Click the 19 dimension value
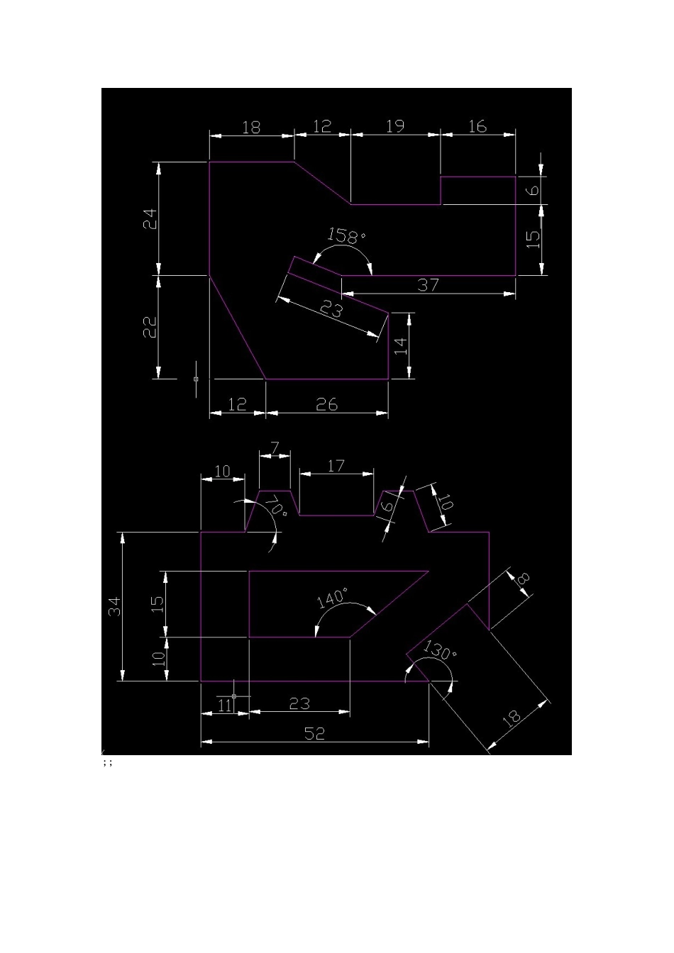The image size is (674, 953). pyautogui.click(x=395, y=126)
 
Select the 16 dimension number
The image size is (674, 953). pyautogui.click(x=477, y=126)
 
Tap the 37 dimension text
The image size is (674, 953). pyautogui.click(x=428, y=285)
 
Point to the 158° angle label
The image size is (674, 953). pyautogui.click(x=346, y=235)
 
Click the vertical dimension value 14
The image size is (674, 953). pyautogui.click(x=401, y=346)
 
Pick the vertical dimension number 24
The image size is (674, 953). pyautogui.click(x=150, y=219)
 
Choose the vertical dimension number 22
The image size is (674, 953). pyautogui.click(x=150, y=327)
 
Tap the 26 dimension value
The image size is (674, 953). pyautogui.click(x=327, y=404)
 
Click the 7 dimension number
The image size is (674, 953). pyautogui.click(x=275, y=448)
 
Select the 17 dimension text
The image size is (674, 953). pyautogui.click(x=336, y=467)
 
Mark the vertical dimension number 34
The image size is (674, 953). pyautogui.click(x=115, y=606)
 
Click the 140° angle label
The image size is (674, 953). pyautogui.click(x=333, y=598)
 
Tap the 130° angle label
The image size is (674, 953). pyautogui.click(x=439, y=650)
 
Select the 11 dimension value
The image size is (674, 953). pyautogui.click(x=224, y=706)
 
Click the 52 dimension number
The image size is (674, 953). pyautogui.click(x=314, y=733)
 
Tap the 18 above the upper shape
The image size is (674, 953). pyautogui.click(x=250, y=127)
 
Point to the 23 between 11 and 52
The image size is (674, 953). pyautogui.click(x=299, y=704)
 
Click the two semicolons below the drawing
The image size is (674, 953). pyautogui.click(x=108, y=763)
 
